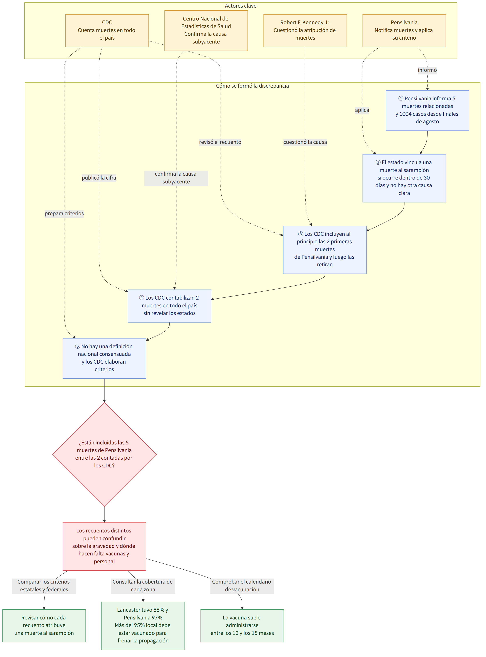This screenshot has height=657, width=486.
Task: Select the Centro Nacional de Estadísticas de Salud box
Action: click(x=206, y=31)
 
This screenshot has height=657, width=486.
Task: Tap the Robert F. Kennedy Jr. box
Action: click(x=305, y=31)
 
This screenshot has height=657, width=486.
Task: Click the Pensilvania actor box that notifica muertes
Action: click(x=404, y=31)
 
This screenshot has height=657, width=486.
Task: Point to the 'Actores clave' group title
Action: click(x=241, y=6)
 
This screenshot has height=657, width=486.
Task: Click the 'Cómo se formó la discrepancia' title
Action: click(x=252, y=86)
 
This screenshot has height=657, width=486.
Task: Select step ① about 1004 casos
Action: click(x=427, y=110)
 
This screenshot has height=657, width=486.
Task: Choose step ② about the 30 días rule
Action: click(x=404, y=178)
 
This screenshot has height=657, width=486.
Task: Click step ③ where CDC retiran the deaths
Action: click(x=324, y=250)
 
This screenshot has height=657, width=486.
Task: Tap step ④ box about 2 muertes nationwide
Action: click(x=170, y=306)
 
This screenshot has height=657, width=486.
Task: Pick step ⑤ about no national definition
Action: click(x=104, y=358)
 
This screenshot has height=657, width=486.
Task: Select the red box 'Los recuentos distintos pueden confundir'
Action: click(x=104, y=546)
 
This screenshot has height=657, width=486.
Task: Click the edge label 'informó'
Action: click(x=427, y=70)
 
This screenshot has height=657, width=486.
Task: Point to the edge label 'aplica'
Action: click(x=362, y=110)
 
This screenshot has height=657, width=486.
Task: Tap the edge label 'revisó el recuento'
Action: click(x=220, y=142)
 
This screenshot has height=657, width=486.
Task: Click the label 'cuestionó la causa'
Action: click(x=305, y=142)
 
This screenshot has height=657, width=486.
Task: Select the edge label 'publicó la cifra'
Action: click(x=99, y=178)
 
